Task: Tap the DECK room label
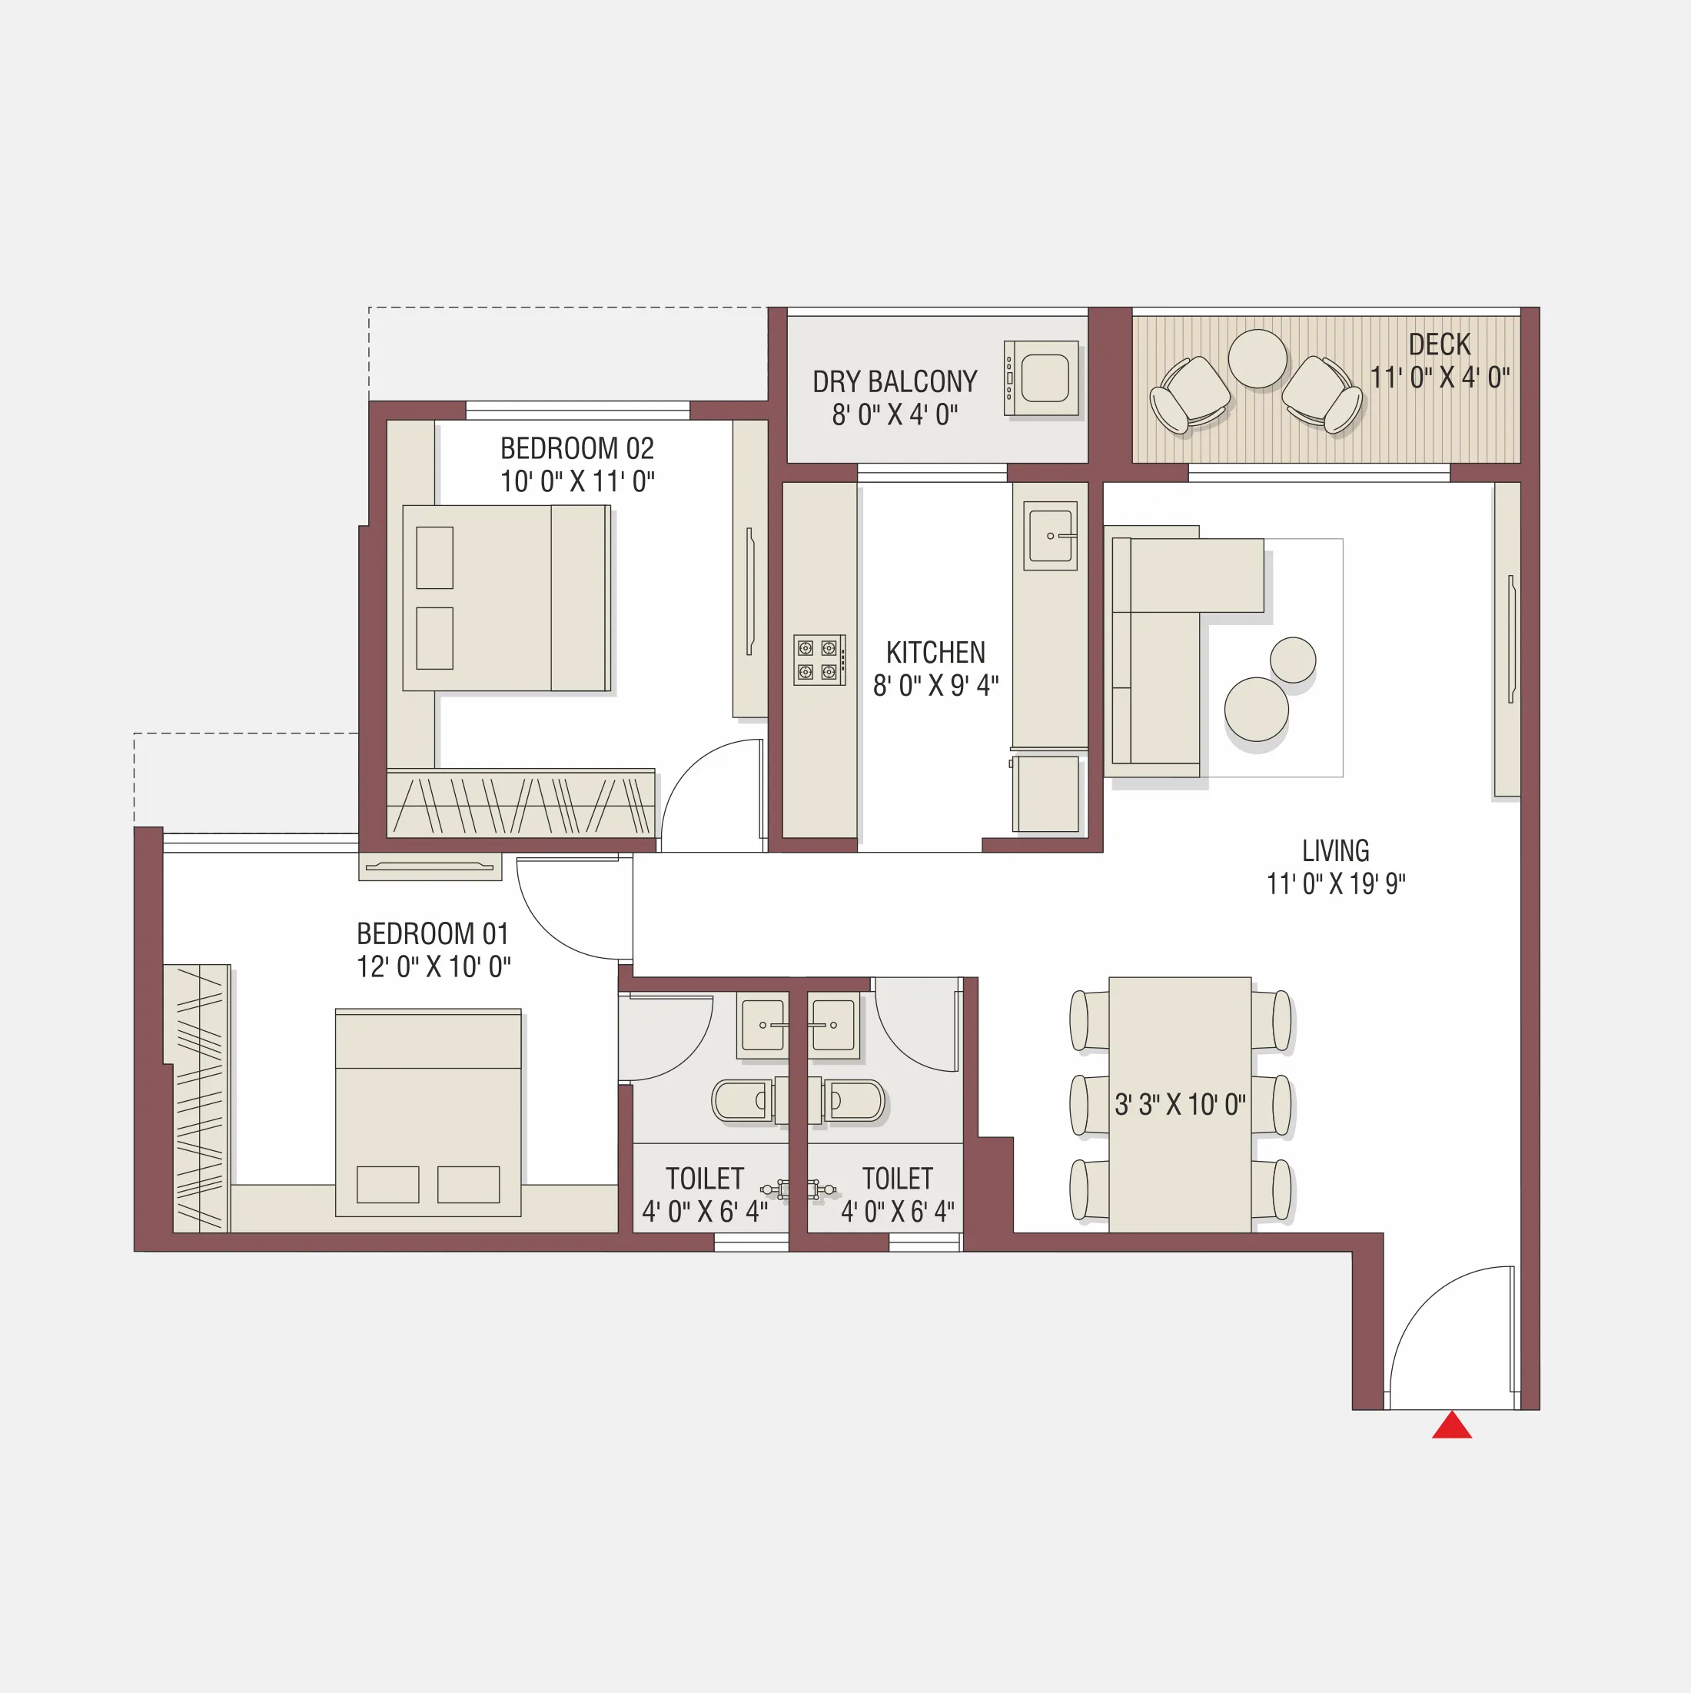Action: tap(1440, 344)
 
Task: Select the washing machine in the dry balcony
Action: tap(1042, 378)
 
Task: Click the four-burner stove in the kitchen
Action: tap(819, 660)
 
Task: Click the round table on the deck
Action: tap(1257, 358)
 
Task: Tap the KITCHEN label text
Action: tap(935, 653)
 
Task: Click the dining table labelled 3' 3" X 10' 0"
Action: tap(1179, 1104)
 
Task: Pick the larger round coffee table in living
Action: tap(1255, 710)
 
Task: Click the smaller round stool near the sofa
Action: tap(1292, 660)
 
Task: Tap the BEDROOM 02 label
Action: tap(576, 449)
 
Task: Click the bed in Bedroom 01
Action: tap(427, 1113)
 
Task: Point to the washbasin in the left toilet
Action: tap(762, 1024)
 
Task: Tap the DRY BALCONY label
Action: tap(895, 382)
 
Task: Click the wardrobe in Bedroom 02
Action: tap(520, 804)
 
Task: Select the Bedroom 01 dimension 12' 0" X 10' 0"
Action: tap(433, 967)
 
